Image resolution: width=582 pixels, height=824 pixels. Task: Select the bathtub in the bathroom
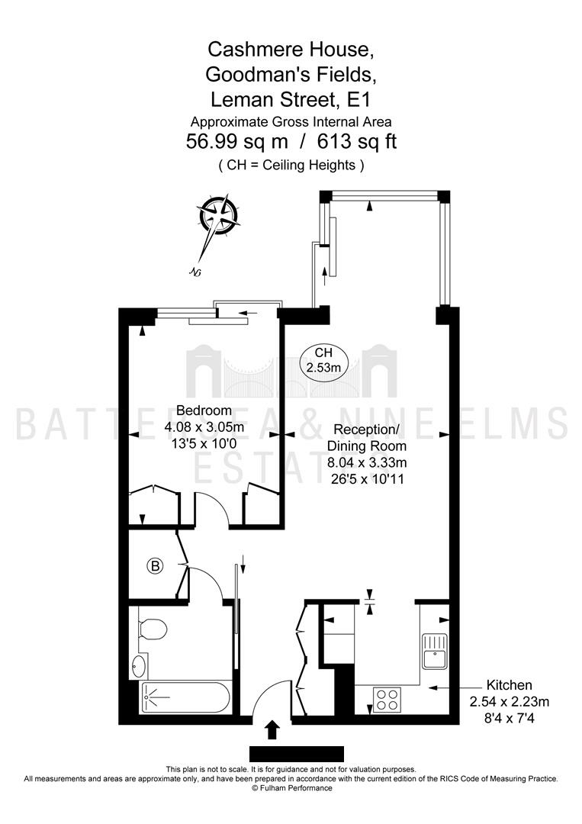(x=184, y=697)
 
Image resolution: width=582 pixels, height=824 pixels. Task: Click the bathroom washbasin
(x=138, y=666)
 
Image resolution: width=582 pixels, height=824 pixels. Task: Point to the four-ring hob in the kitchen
(x=387, y=700)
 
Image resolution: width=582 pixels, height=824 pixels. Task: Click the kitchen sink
(x=434, y=651)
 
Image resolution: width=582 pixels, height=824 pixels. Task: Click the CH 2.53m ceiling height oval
(x=323, y=360)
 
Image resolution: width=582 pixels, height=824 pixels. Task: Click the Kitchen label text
(x=509, y=684)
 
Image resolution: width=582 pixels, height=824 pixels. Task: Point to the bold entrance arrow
(x=272, y=729)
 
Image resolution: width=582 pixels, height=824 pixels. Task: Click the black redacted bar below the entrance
(x=296, y=754)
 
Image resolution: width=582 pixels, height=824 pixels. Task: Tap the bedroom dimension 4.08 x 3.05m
(x=204, y=427)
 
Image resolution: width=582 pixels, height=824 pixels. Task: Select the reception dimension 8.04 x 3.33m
(x=367, y=462)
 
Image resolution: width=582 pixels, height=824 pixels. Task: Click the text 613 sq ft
(x=357, y=141)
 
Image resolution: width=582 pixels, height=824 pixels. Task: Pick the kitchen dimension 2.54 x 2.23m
(x=509, y=702)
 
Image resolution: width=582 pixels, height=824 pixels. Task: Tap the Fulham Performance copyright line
(x=291, y=787)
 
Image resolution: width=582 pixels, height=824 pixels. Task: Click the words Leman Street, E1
(x=291, y=99)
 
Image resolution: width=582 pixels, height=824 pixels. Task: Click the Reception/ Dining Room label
(x=367, y=437)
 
